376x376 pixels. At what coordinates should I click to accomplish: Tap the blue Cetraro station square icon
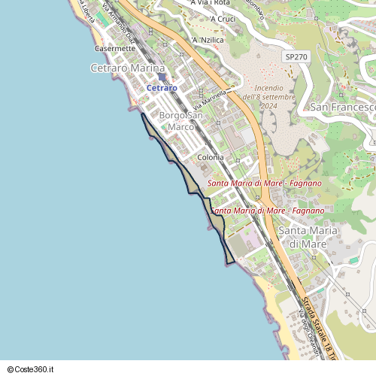[162, 77]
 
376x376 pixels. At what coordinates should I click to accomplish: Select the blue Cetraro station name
[162, 88]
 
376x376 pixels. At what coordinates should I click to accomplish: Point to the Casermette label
[115, 48]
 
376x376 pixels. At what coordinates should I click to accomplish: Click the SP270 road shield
[296, 56]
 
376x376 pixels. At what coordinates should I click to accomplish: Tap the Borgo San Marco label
[180, 121]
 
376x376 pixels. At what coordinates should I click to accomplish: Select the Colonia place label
[211, 158]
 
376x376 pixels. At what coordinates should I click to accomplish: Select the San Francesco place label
[343, 108]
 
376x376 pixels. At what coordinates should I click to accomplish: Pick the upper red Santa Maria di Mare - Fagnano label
[264, 183]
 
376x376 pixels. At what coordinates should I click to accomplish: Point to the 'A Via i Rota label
[211, 3]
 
